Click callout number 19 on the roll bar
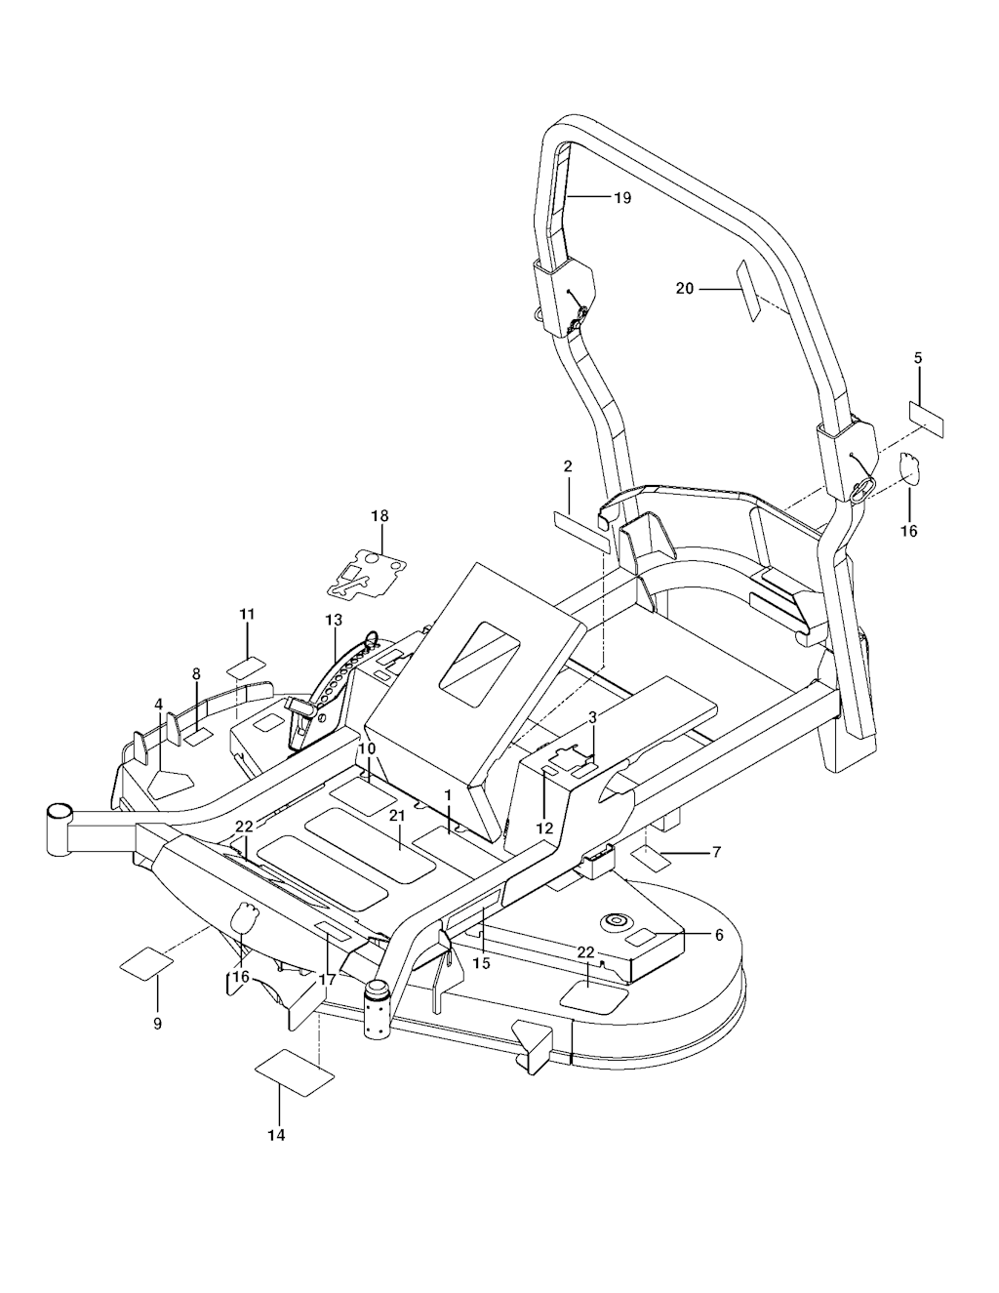[622, 198]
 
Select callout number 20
[685, 288]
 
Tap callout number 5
[918, 358]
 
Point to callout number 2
[568, 466]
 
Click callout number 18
[380, 515]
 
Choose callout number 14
[277, 1135]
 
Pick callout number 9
[157, 1024]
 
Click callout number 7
[716, 852]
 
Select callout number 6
[719, 935]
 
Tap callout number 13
[334, 621]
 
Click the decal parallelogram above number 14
[294, 1069]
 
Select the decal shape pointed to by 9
[146, 964]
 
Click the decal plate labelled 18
[366, 574]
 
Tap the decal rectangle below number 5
[927, 417]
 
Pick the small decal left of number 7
[650, 860]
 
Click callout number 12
[544, 828]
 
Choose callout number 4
[158, 705]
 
